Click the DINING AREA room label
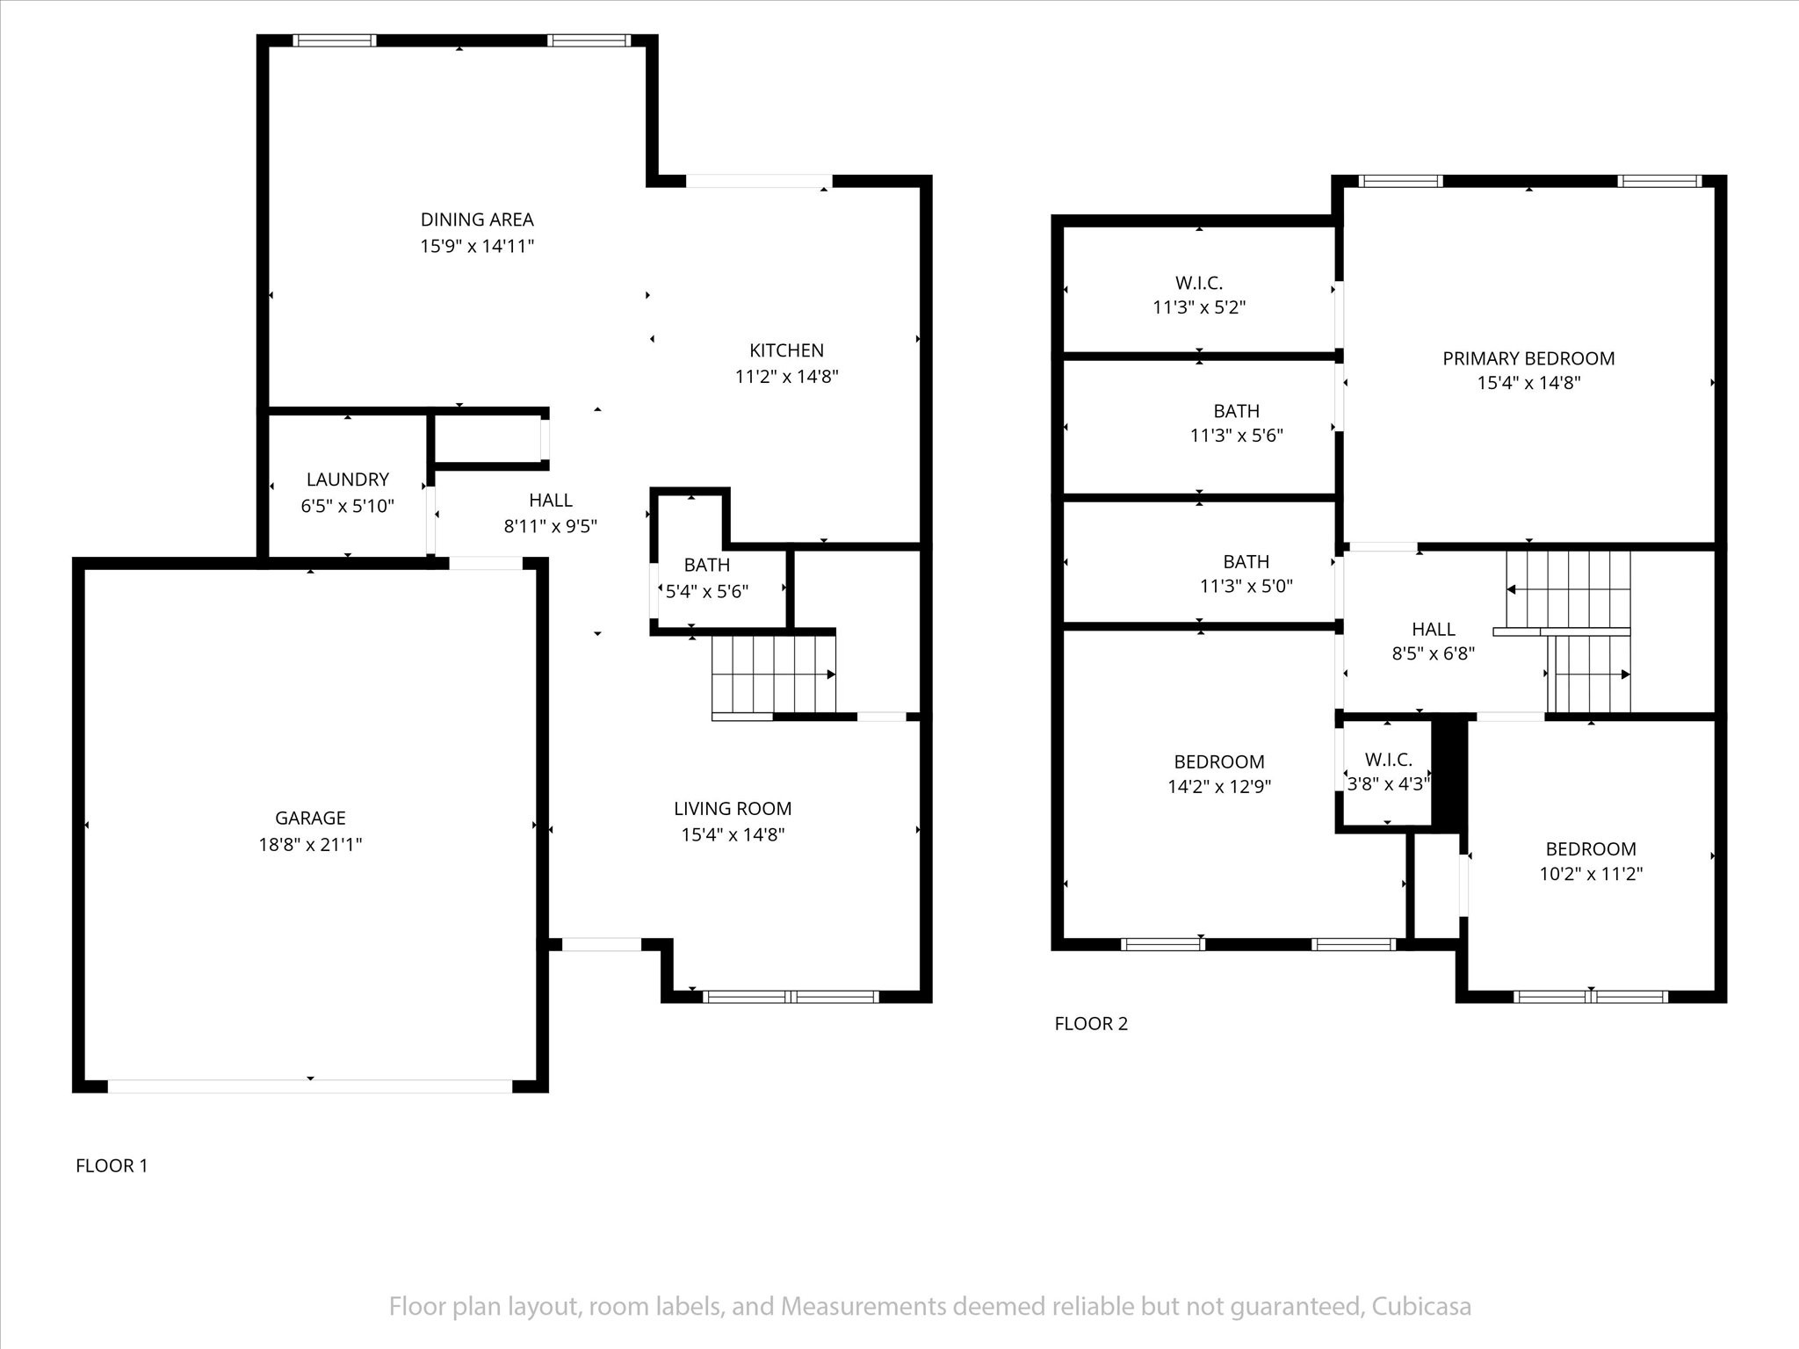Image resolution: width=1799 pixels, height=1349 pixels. coord(477,220)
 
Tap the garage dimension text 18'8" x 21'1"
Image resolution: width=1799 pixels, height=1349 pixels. coord(310,845)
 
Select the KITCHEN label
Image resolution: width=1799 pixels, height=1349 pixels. coord(786,350)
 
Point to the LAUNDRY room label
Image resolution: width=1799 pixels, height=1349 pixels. coord(347,480)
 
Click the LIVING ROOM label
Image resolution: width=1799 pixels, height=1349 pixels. coord(733,809)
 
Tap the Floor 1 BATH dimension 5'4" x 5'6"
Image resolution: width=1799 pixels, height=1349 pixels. coord(706,591)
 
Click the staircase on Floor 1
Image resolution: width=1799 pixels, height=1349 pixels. coord(773,674)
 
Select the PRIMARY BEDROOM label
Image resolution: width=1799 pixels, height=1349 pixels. coord(1528,358)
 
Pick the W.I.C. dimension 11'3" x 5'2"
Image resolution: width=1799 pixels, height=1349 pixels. coord(1199,307)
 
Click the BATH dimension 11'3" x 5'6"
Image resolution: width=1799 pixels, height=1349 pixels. coord(1237,436)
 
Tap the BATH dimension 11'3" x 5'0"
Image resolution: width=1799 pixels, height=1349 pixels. coord(1246,586)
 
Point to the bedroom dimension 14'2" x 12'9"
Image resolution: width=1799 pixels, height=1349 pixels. coord(1219,786)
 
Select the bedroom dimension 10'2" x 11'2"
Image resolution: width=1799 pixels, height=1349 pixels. coord(1591,874)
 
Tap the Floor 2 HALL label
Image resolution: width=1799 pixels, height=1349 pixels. coord(1434,629)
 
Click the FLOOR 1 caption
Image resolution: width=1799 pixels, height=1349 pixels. coord(112,1165)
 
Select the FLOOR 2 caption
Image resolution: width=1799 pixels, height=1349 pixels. coord(1091,1023)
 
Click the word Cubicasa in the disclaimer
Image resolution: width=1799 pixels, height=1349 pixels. coord(1419,1307)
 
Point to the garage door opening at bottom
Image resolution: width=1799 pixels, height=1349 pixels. coord(309,1086)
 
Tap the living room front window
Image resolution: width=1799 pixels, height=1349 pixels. coord(791,997)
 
